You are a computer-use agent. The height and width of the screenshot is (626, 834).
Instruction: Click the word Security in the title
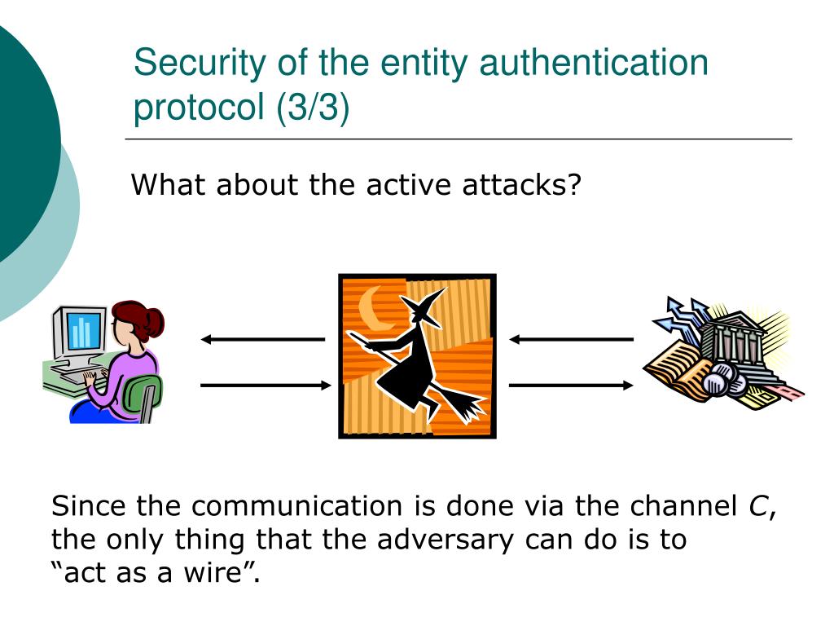pyautogui.click(x=188, y=63)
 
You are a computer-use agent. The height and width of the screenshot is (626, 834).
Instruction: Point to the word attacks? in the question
pyautogui.click(x=523, y=186)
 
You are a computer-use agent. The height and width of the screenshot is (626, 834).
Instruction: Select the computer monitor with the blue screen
pyautogui.click(x=81, y=331)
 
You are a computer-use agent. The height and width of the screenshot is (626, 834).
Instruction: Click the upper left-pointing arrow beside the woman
pyautogui.click(x=262, y=339)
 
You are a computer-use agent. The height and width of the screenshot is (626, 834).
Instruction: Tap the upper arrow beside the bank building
pyautogui.click(x=571, y=339)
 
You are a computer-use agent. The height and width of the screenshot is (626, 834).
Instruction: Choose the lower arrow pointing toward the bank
pyautogui.click(x=571, y=385)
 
